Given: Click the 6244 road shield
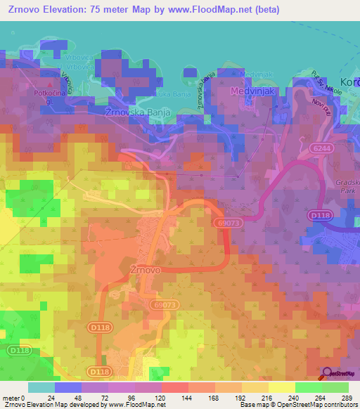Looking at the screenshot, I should [322, 148].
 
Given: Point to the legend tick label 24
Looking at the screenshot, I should [51, 398].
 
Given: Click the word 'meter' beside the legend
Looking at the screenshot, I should [11, 398].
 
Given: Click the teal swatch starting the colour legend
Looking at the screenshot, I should [41, 387].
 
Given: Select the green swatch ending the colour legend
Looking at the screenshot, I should [335, 387].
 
